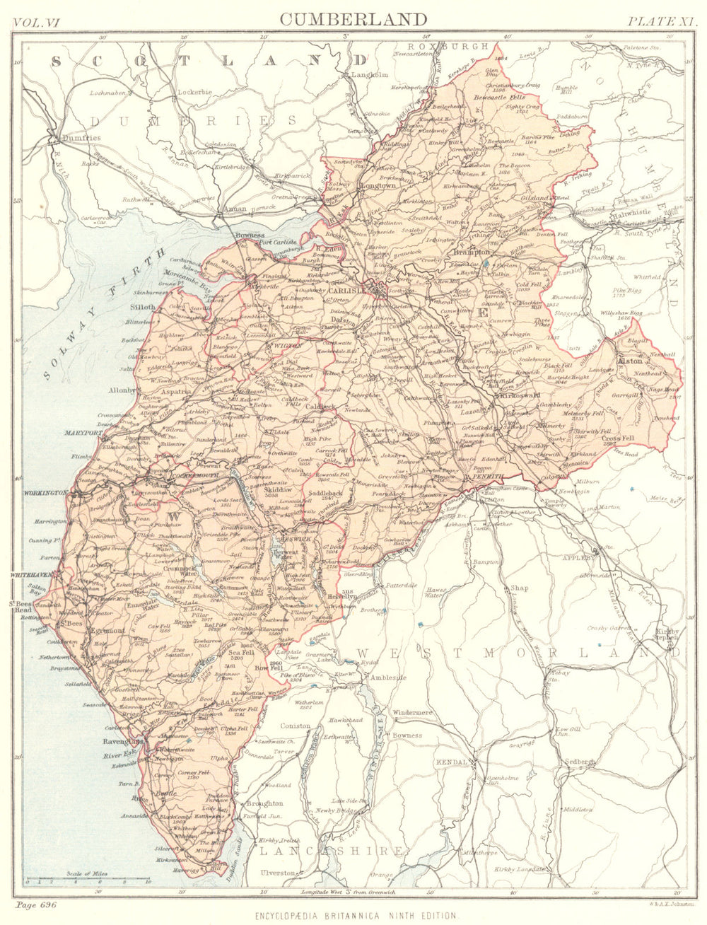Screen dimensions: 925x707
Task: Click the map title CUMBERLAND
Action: pyautogui.click(x=353, y=18)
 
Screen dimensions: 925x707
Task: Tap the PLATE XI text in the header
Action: pyautogui.click(x=662, y=21)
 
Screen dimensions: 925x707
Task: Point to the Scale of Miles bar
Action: pyautogui.click(x=88, y=880)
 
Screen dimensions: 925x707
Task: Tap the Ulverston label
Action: pyautogui.click(x=278, y=873)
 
